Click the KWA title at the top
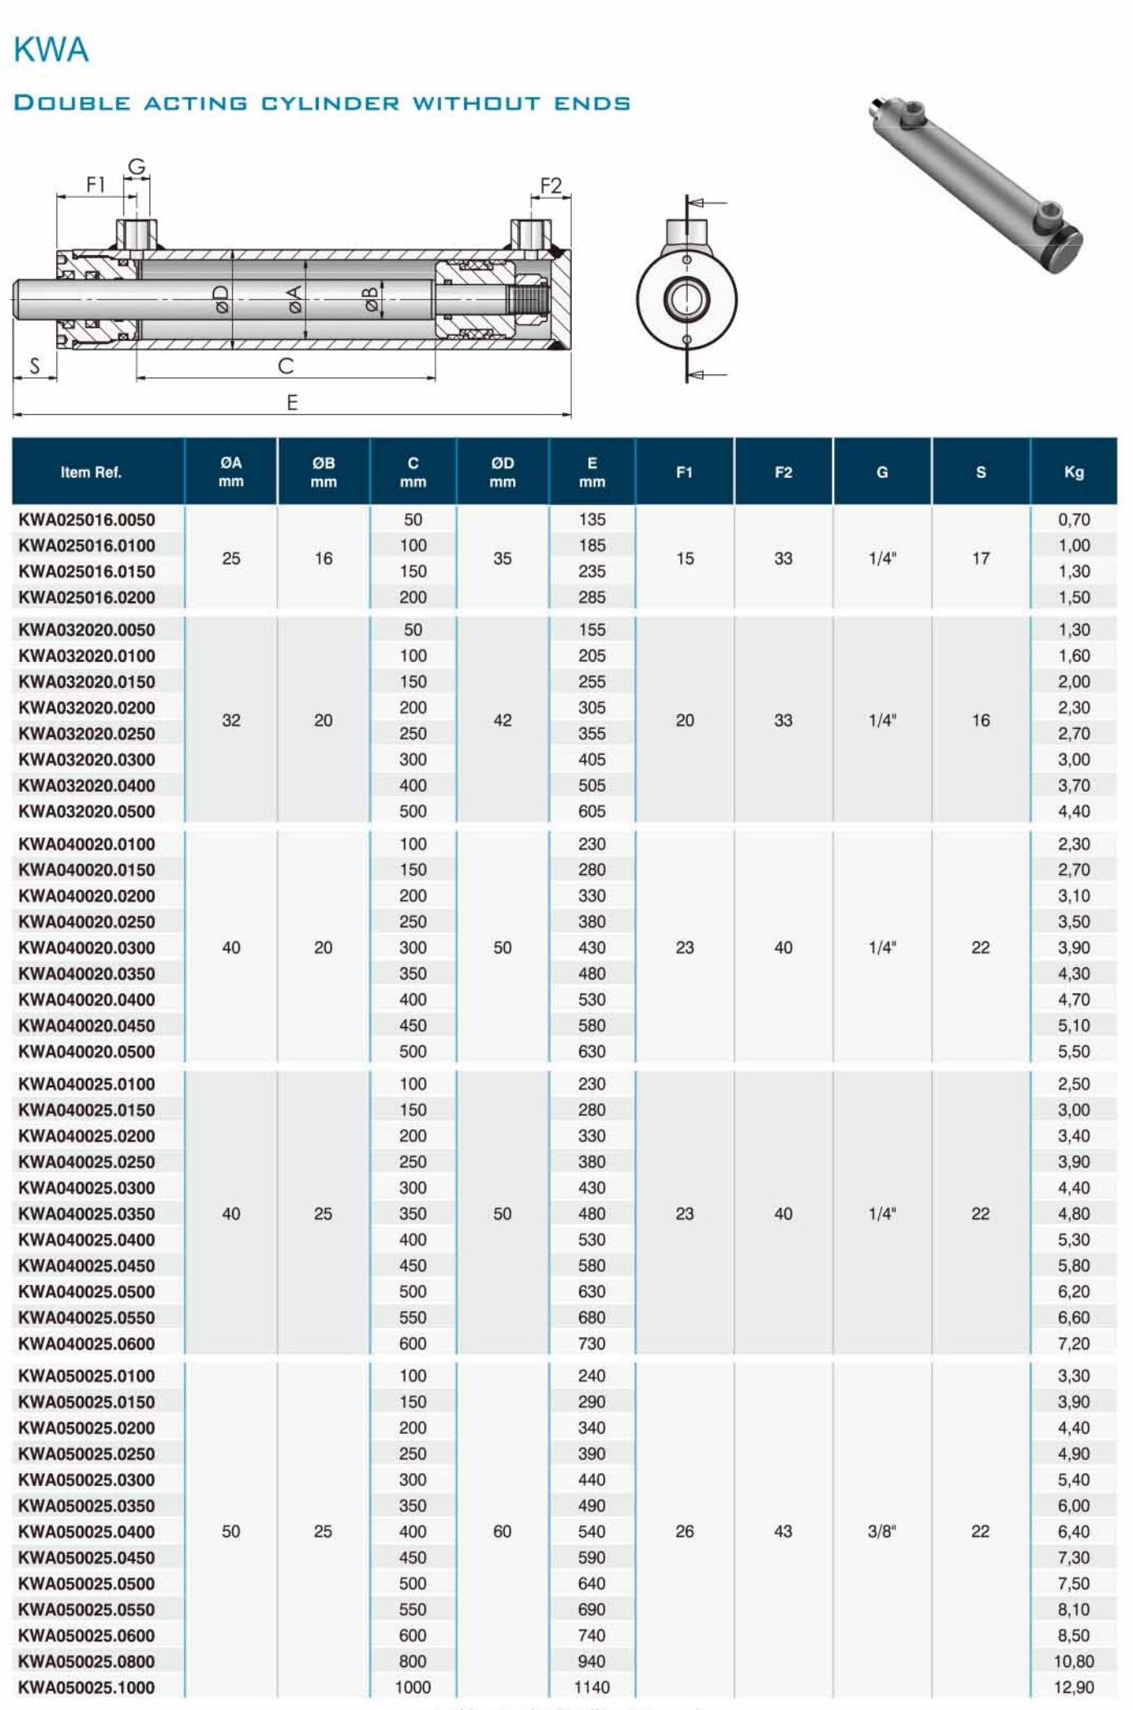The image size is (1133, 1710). tap(51, 51)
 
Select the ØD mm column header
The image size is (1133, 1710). tap(502, 472)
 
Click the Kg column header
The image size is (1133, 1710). tap(1073, 472)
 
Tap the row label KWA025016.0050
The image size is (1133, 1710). tap(87, 520)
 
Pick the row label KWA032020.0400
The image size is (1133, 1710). tap(87, 786)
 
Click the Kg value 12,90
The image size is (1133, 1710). tap(1073, 1687)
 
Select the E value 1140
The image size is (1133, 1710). tap(591, 1687)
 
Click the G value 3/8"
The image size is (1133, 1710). tap(881, 1531)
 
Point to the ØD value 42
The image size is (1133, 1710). tap(502, 721)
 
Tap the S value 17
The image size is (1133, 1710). tap(980, 559)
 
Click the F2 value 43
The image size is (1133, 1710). tap(783, 1531)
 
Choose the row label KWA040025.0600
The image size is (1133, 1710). tap(87, 1343)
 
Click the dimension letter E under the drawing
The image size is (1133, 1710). tap(292, 403)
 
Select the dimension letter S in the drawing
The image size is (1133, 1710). tap(34, 366)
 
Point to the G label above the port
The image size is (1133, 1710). tap(136, 167)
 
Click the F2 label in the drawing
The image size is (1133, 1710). tap(551, 186)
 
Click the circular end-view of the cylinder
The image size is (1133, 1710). tap(686, 298)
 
